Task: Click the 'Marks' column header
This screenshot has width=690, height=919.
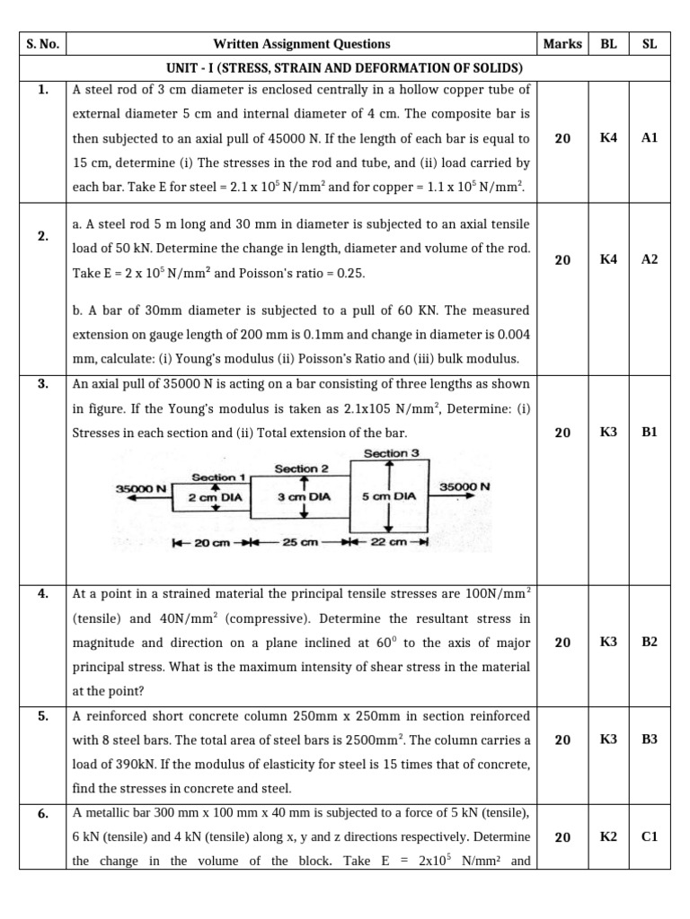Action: (x=562, y=44)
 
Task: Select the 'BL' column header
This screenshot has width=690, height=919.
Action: (x=608, y=44)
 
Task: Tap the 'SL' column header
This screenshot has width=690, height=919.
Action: (x=650, y=44)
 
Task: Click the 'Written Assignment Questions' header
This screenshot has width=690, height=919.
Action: (x=302, y=44)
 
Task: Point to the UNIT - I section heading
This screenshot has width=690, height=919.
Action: (x=344, y=68)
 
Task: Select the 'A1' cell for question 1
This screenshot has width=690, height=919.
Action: (x=650, y=138)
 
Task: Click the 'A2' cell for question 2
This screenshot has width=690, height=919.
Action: (x=650, y=259)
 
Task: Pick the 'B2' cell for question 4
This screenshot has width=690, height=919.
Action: (x=650, y=642)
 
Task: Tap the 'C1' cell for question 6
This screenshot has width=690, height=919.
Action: (x=650, y=836)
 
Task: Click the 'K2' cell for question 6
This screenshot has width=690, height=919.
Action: (x=608, y=836)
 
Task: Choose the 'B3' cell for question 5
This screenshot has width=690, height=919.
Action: (x=650, y=740)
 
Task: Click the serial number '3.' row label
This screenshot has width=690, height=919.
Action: (x=42, y=384)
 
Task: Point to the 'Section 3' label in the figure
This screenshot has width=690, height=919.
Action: (x=392, y=454)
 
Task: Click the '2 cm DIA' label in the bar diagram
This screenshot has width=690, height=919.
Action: (x=210, y=496)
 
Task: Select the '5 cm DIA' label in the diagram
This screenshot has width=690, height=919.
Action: (x=388, y=496)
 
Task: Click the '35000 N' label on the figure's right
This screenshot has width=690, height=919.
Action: (x=464, y=486)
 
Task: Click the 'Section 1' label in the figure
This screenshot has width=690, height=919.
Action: (x=218, y=477)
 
